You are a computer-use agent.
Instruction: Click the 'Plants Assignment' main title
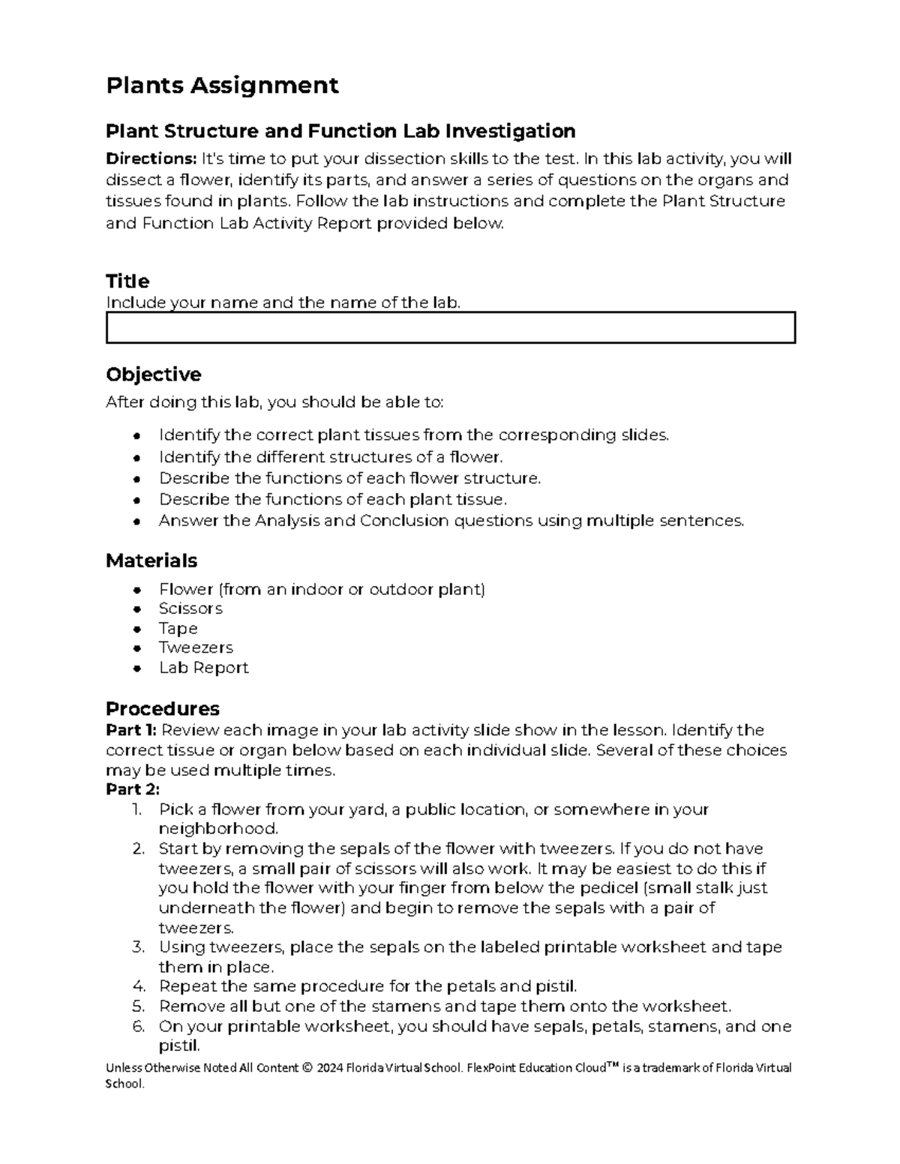222,85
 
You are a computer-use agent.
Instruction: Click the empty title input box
450,328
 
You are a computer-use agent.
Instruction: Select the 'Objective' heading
153,375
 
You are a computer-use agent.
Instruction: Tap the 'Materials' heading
151,561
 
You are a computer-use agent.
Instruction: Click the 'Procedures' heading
162,709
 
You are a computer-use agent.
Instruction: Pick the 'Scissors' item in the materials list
190,609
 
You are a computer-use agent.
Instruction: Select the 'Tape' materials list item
178,629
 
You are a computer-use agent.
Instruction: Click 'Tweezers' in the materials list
196,648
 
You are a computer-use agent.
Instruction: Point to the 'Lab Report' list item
203,668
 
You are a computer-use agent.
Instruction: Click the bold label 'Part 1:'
131,730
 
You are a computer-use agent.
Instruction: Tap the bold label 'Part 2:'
133,789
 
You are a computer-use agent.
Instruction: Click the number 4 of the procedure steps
137,986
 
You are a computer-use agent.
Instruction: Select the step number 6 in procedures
137,1026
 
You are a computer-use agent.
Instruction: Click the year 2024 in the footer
328,1068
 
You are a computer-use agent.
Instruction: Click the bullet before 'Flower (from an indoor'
136,590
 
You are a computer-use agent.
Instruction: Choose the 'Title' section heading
127,282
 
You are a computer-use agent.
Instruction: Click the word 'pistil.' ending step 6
179,1046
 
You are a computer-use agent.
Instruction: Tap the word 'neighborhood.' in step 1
218,829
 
